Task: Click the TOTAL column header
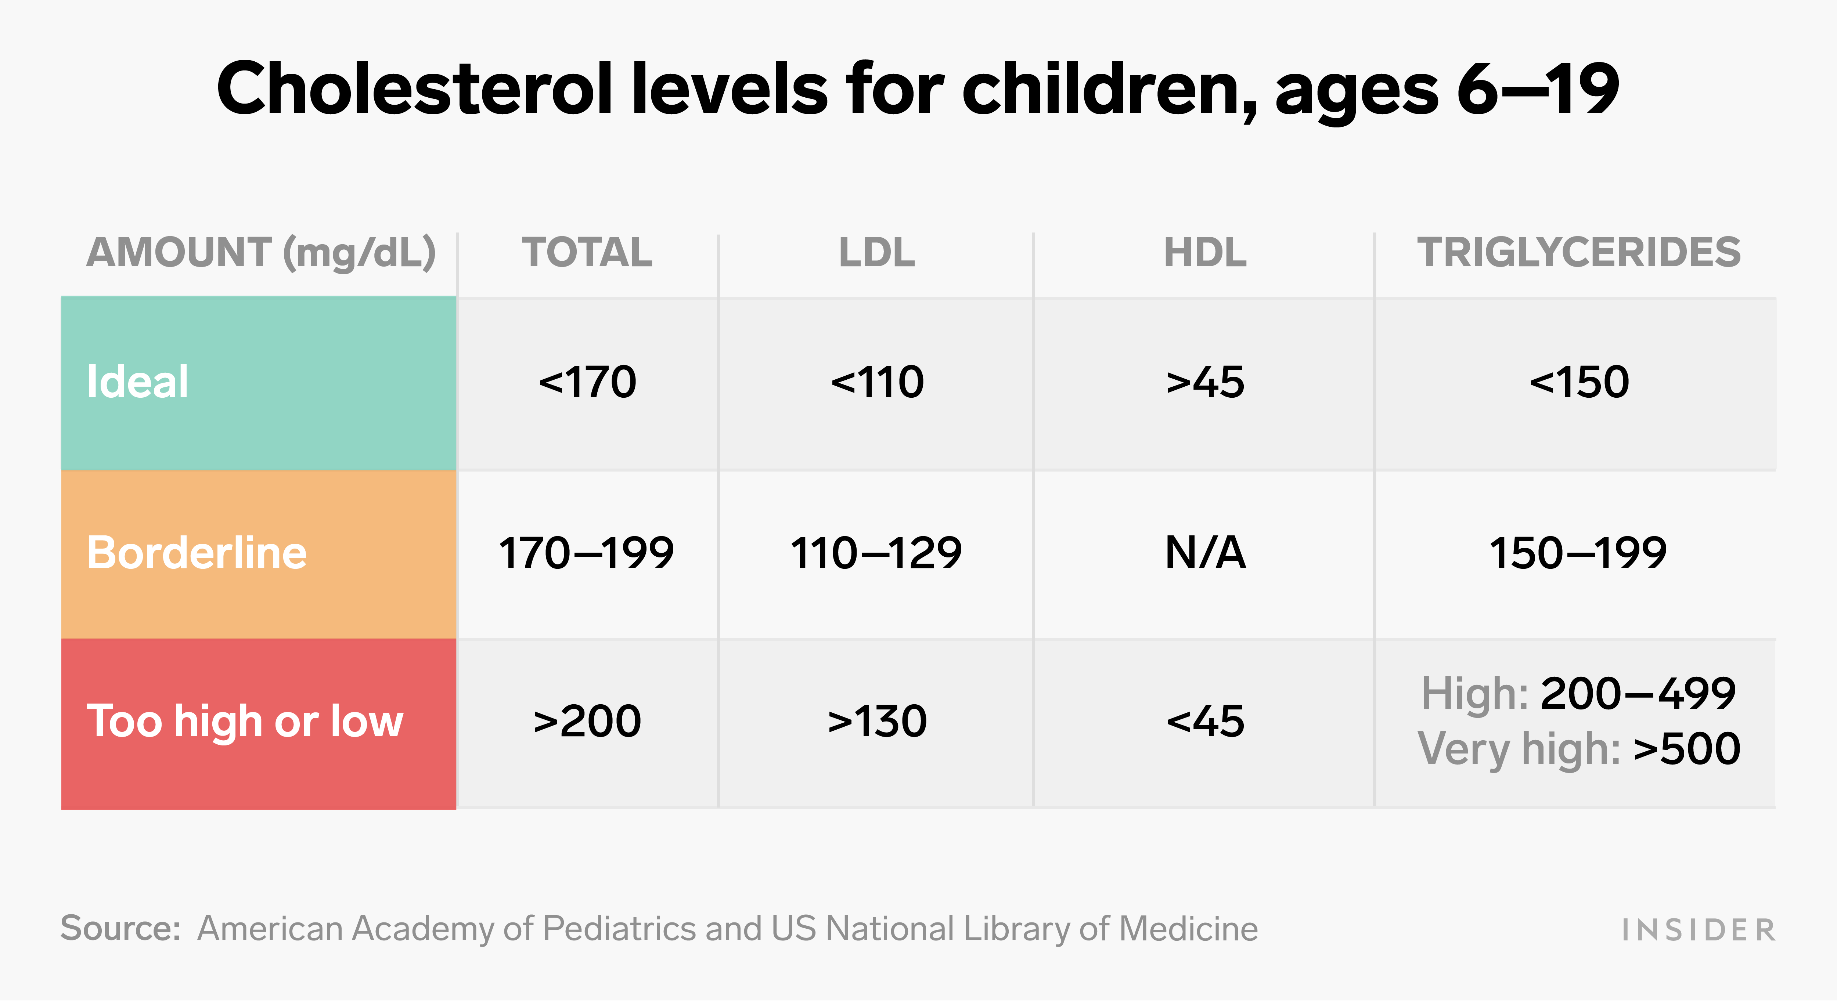pyautogui.click(x=587, y=252)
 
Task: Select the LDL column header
pyautogui.click(x=876, y=252)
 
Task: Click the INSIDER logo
pyautogui.click(x=1698, y=930)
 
